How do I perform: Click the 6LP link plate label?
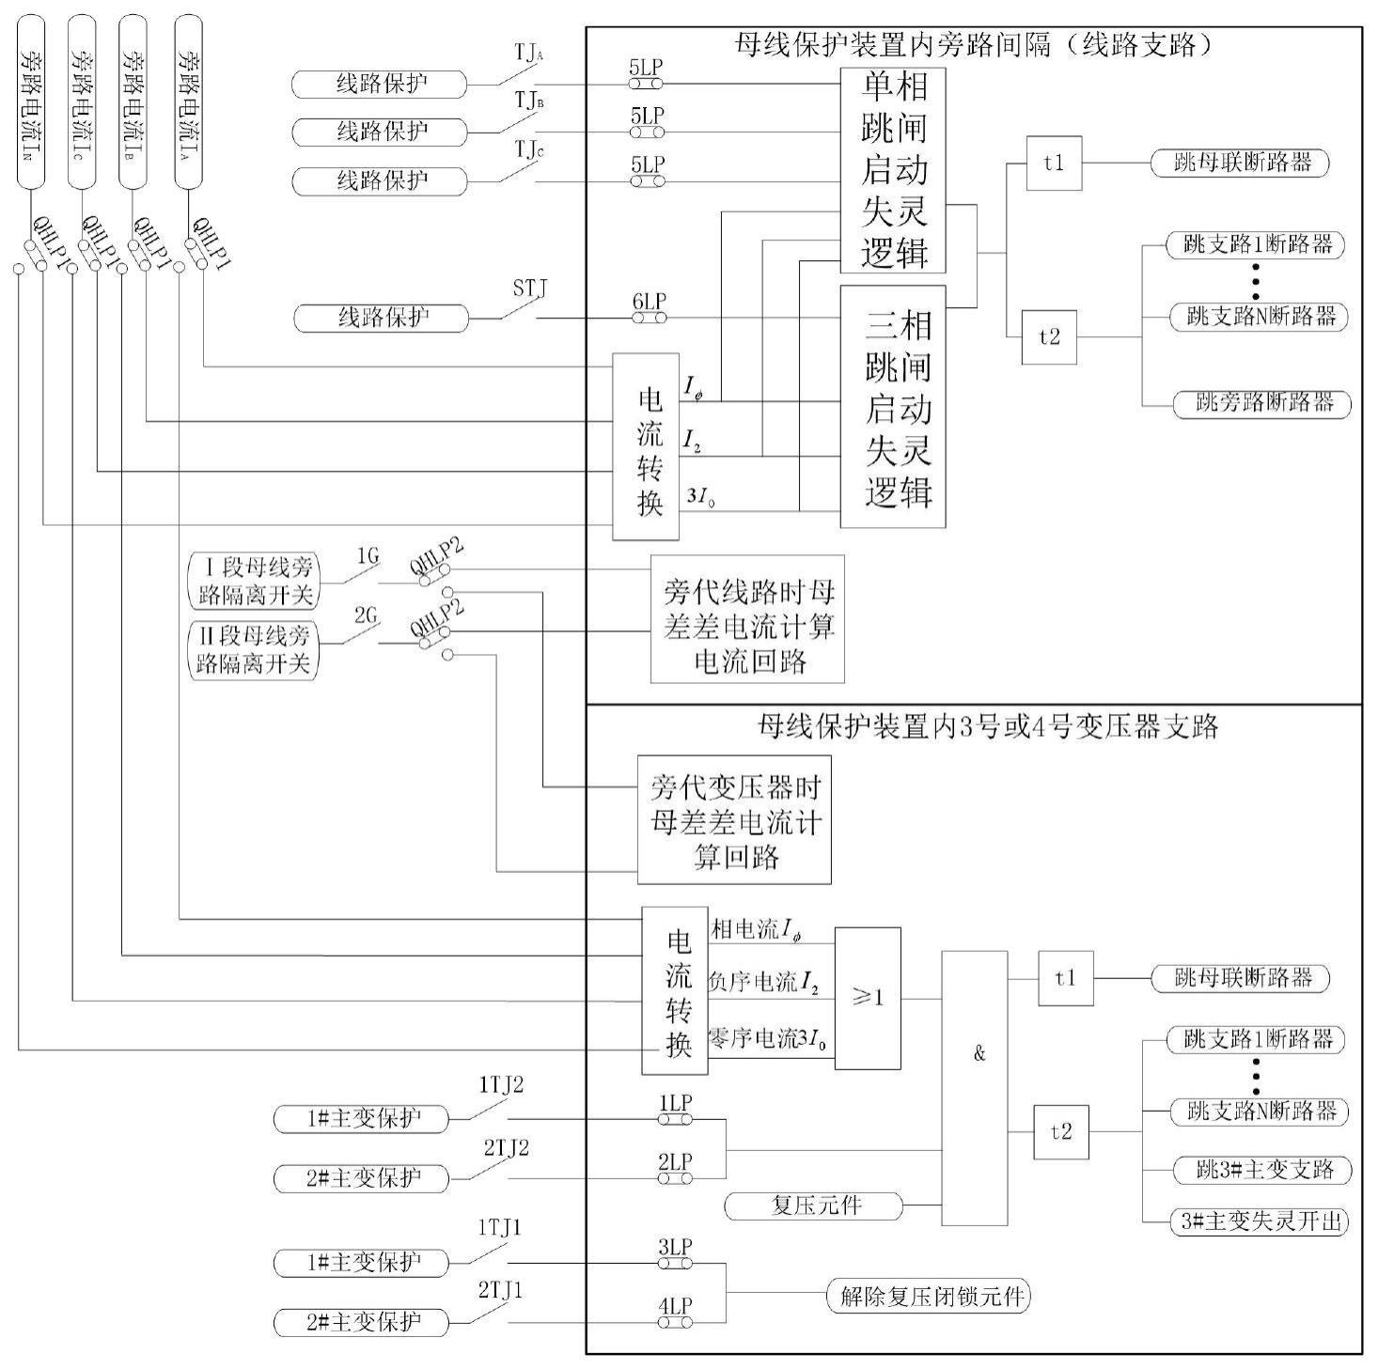click(x=649, y=302)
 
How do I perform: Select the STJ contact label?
click(x=530, y=288)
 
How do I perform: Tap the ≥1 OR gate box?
click(x=867, y=998)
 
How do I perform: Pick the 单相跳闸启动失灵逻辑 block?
click(x=893, y=170)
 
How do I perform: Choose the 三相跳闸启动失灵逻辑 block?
click(x=893, y=407)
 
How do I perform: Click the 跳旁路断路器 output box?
click(x=1262, y=404)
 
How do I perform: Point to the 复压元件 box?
click(x=814, y=1206)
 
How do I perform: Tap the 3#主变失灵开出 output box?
click(x=1260, y=1221)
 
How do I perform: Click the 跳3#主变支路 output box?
click(x=1262, y=1170)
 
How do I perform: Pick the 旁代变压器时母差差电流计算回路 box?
click(x=734, y=819)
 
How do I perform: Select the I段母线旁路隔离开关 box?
click(x=254, y=581)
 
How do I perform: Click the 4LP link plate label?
click(x=675, y=1306)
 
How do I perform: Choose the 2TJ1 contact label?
click(x=500, y=1291)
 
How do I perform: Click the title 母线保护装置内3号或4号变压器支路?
click(x=987, y=725)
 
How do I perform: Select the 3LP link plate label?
click(x=675, y=1247)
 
